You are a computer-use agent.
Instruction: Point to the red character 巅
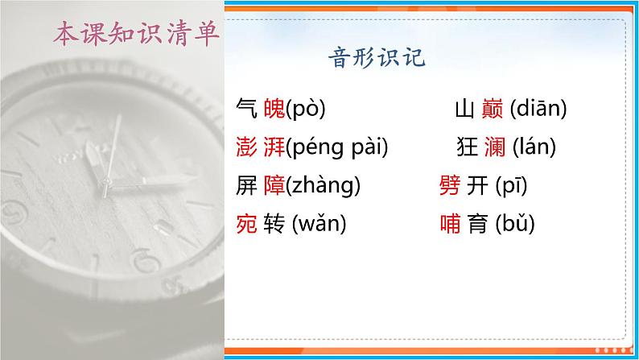tap(493, 108)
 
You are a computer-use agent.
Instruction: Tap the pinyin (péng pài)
tap(336, 147)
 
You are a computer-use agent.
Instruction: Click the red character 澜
tap(493, 147)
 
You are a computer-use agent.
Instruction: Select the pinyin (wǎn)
tap(319, 224)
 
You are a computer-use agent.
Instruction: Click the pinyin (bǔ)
tap(514, 224)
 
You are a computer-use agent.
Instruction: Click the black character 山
tap(464, 108)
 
